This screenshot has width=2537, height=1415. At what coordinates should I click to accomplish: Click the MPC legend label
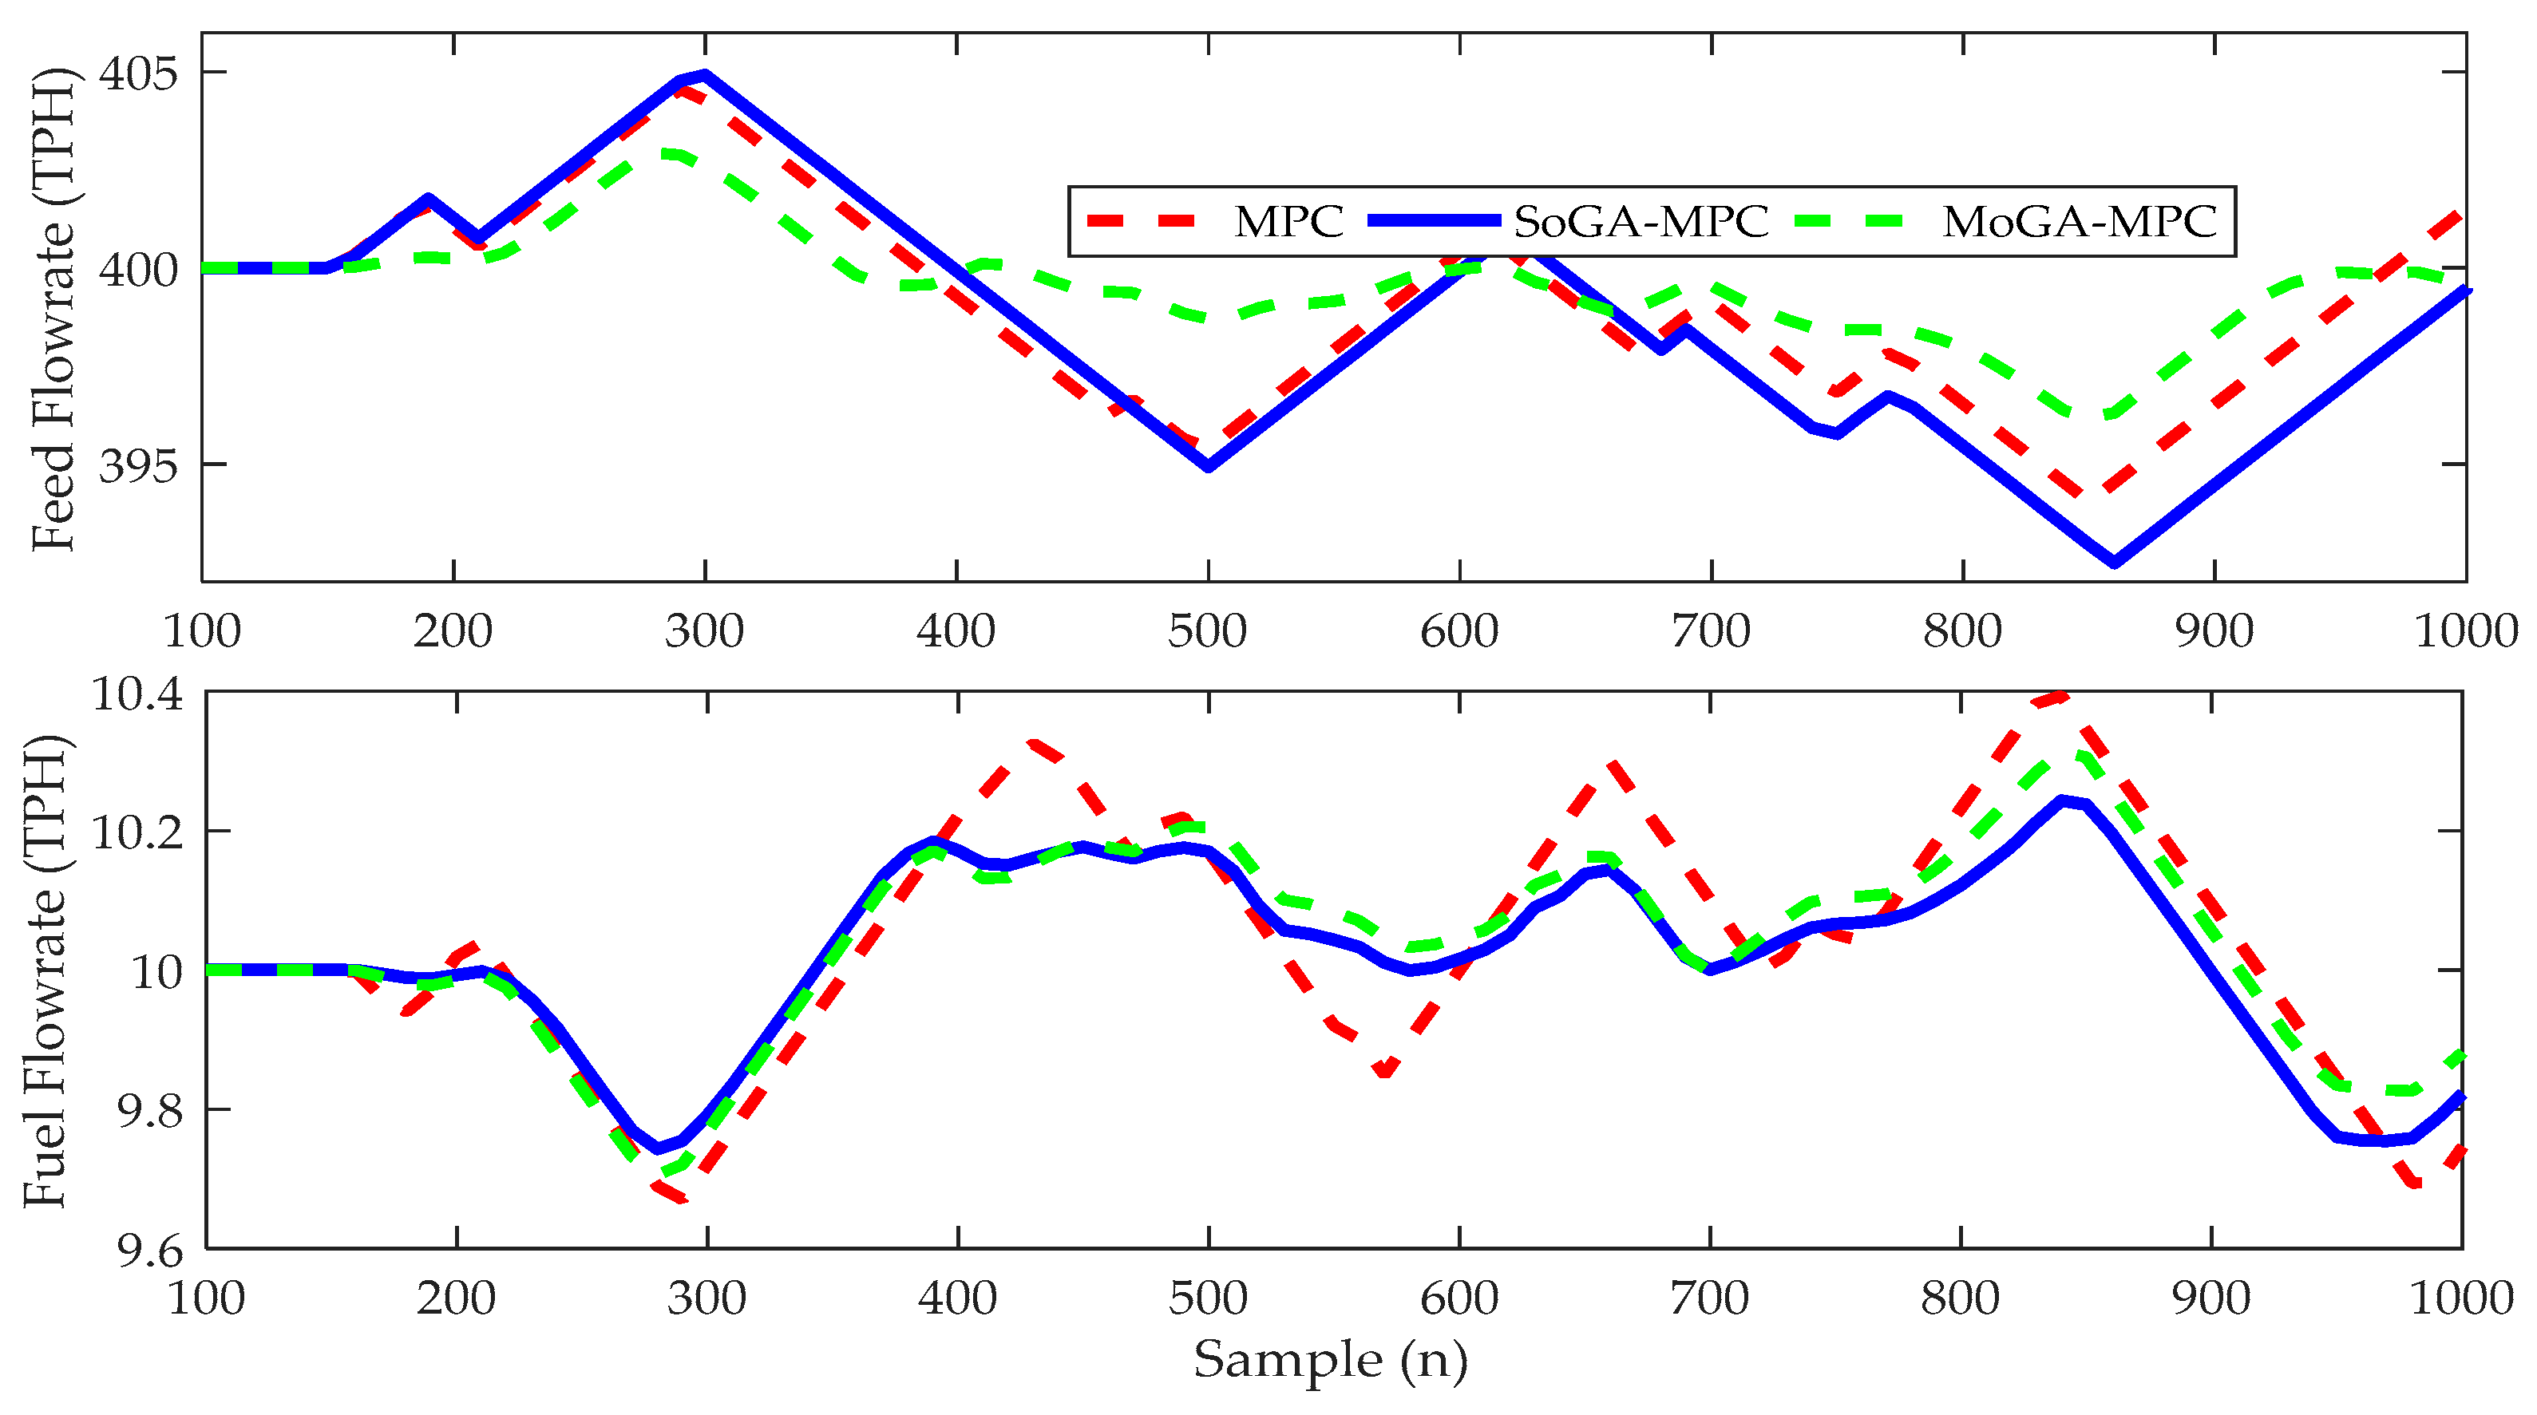coord(1288,222)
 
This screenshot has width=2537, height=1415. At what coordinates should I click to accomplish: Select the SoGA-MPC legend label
coord(1641,222)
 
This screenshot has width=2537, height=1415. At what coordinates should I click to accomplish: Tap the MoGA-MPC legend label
coord(2079,222)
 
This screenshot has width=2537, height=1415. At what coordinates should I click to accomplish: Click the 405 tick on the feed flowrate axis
coord(139,73)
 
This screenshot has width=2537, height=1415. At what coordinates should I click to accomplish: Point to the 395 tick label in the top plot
coord(139,466)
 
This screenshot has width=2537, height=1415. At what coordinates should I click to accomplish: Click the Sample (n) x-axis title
coord(1329,1361)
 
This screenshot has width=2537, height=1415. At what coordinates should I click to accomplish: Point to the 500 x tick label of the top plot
coord(1208,631)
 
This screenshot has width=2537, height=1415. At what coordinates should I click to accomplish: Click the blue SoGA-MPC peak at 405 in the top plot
coord(704,74)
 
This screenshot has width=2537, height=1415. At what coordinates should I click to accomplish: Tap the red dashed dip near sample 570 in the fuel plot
coord(1385,1071)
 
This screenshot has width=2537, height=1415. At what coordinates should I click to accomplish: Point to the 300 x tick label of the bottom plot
coord(706,1298)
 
